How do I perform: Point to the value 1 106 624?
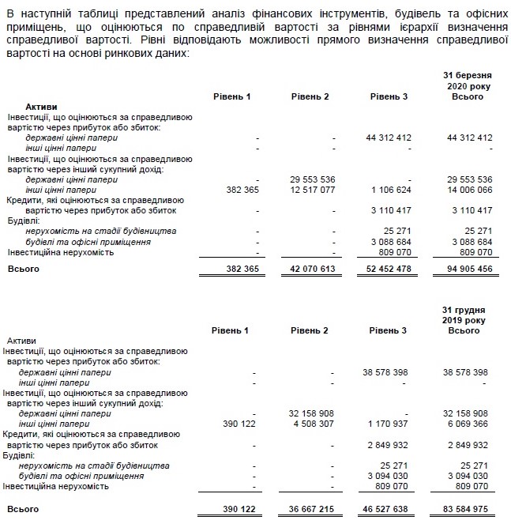389,190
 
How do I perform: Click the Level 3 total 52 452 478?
389,269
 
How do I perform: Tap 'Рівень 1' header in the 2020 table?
231,96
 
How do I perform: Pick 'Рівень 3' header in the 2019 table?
389,330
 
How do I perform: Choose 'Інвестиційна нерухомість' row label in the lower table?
55,488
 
